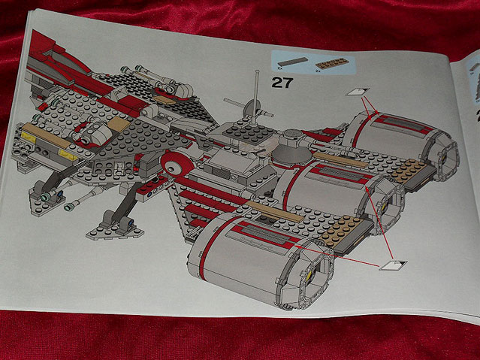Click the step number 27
[281, 83]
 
